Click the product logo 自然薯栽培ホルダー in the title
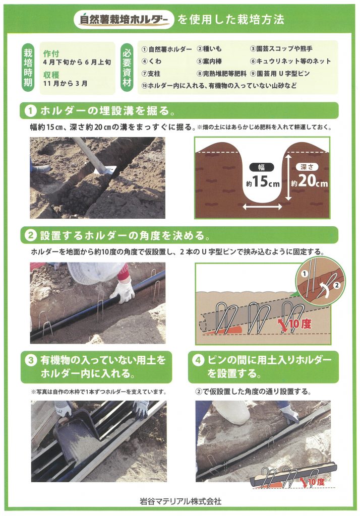(124, 20)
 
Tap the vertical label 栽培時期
(28, 67)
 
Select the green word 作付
(51, 53)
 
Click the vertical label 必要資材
(127, 67)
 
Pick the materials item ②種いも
(209, 49)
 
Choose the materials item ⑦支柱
(151, 74)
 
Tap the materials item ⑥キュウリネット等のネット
(290, 61)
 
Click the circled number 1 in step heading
(30, 111)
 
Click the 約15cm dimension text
(263, 181)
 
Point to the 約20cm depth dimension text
(309, 181)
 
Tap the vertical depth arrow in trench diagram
(288, 178)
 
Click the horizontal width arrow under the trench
(262, 207)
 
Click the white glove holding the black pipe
(123, 291)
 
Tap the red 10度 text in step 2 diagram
(299, 324)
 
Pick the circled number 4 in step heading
(198, 360)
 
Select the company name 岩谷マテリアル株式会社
(181, 501)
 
